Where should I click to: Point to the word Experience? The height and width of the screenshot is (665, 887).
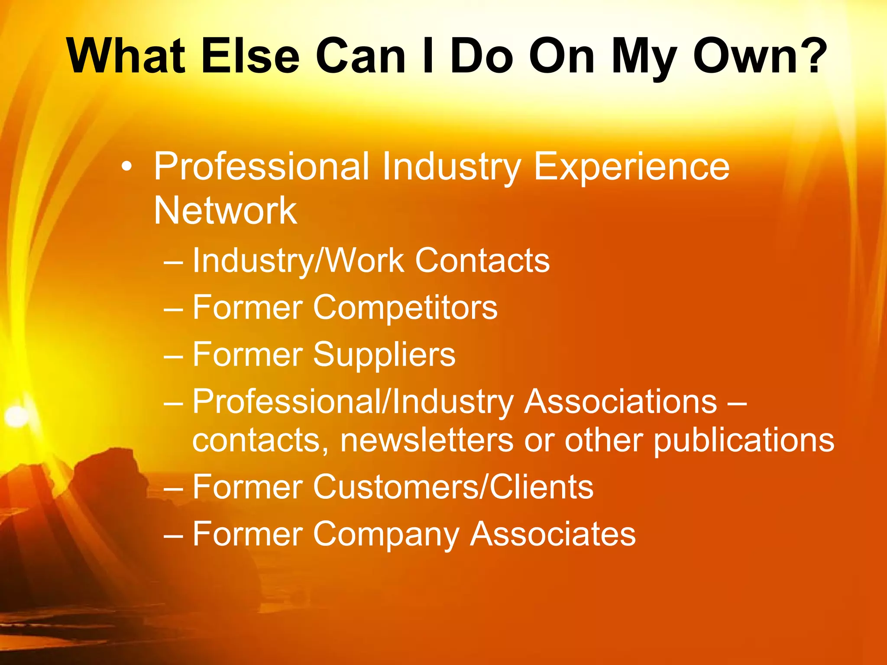point(631,167)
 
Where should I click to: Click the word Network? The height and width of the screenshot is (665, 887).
point(225,211)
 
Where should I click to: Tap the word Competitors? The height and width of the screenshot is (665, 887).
point(405,307)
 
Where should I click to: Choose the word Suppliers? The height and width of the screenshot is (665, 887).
point(384,355)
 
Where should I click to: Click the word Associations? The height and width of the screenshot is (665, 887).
point(621,402)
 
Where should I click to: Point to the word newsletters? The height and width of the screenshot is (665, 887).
point(427,440)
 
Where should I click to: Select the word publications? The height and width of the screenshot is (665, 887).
point(743,440)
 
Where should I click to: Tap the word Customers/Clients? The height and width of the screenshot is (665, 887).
point(453,487)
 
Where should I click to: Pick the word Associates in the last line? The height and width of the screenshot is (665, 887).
point(553,534)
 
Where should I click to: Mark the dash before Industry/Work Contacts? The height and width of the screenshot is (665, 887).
point(174,262)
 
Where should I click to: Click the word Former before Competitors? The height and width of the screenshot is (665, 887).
point(247,307)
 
